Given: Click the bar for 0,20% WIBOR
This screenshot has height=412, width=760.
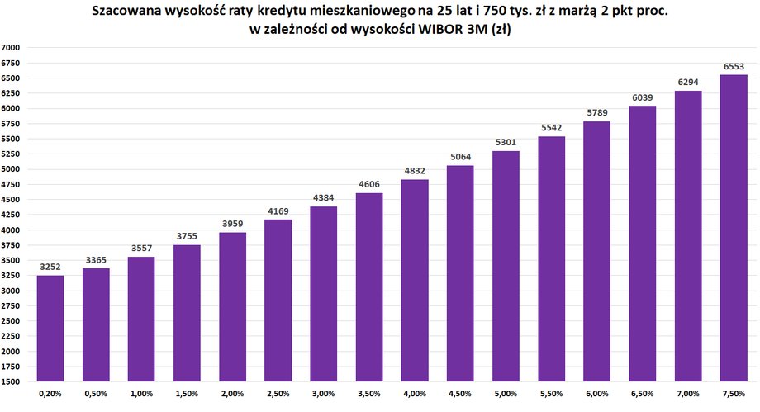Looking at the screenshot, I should (50, 328).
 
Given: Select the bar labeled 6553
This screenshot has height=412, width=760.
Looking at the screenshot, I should (733, 228).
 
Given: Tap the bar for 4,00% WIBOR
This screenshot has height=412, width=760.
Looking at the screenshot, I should (415, 281).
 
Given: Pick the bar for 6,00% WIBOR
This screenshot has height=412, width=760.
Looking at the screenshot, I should (596, 252).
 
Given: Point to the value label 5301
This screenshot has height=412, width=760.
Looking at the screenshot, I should (506, 141).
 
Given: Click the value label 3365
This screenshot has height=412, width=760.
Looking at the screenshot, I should (96, 259).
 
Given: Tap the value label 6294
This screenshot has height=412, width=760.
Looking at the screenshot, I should (687, 81).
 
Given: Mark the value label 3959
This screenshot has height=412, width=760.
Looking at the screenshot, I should (232, 223).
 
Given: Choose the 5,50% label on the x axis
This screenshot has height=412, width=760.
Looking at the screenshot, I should (551, 395).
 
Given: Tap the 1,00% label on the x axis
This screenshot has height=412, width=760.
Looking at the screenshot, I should (141, 395).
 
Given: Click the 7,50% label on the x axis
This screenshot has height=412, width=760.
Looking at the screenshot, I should (733, 395).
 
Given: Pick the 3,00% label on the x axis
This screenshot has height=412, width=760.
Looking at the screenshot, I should (324, 395).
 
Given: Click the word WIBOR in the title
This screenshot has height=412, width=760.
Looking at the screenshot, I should (449, 30).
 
